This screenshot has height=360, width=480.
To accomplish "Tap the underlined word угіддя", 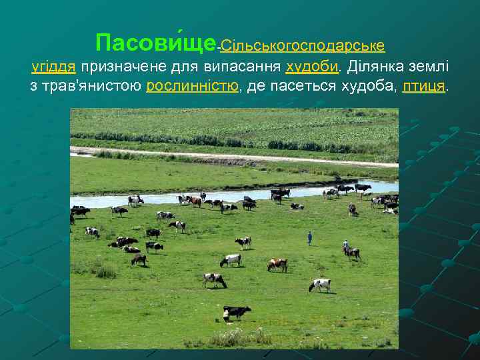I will point(55,68).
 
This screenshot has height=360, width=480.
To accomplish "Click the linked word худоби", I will point(313,68).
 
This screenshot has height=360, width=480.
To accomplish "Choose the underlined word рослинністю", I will point(192,87).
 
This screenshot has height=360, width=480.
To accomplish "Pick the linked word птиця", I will point(424,87).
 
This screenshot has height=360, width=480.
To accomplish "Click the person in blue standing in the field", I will point(309,237).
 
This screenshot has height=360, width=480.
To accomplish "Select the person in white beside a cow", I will point(345,247).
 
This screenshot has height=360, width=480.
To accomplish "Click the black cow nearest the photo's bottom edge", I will point(236,311).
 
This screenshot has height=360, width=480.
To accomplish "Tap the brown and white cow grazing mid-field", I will point(277,264).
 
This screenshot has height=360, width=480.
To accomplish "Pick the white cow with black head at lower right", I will point(320,284).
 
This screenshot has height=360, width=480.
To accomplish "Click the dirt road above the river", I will point(233,156).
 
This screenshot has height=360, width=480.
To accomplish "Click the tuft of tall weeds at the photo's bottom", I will point(227,337).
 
